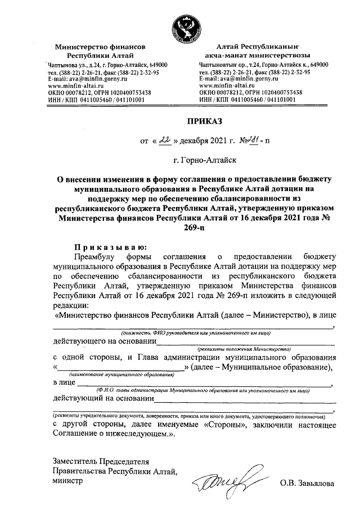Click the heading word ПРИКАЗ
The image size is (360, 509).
pos(205,120)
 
